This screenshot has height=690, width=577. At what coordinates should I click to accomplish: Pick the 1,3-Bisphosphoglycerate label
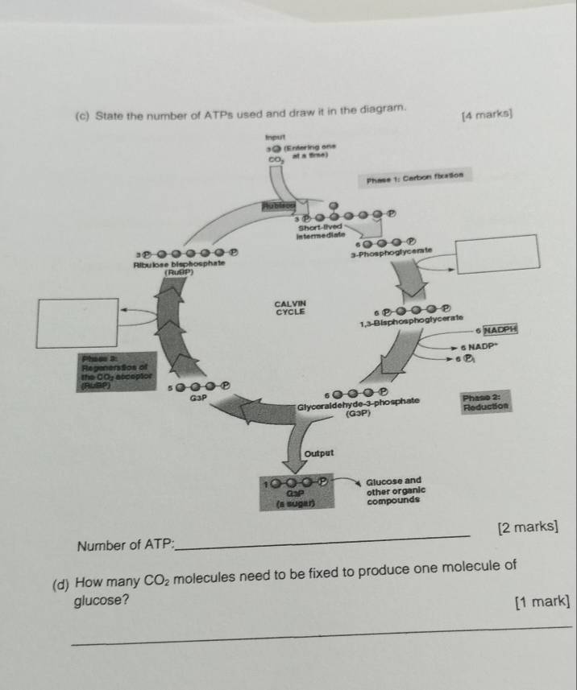tap(410, 323)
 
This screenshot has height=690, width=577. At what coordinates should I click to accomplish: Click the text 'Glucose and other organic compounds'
tap(395, 490)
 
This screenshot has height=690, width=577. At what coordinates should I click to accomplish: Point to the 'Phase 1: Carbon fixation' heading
tap(417, 176)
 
